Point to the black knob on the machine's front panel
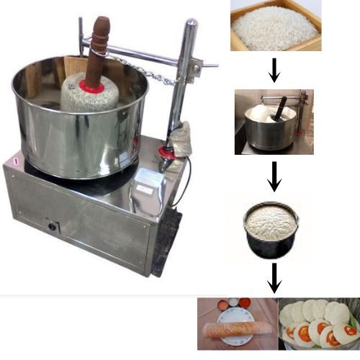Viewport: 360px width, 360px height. pos(53,227)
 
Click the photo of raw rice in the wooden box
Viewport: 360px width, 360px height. pos(276,25)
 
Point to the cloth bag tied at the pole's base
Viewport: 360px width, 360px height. pos(181,139)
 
